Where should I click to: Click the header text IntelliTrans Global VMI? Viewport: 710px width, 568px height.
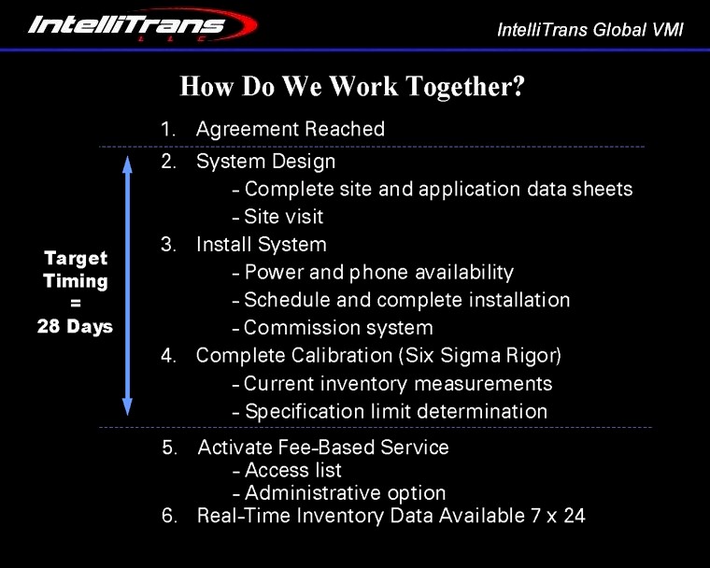(x=590, y=29)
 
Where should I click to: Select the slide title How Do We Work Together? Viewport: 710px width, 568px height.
(x=352, y=87)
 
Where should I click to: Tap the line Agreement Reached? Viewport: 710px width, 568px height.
(x=290, y=129)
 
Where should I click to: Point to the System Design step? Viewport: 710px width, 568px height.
(x=265, y=162)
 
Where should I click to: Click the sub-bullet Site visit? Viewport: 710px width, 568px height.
(x=283, y=217)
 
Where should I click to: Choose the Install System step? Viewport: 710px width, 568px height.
(x=261, y=245)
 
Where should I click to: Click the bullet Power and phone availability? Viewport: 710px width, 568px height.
(x=378, y=273)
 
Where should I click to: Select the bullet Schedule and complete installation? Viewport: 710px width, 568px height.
(x=406, y=300)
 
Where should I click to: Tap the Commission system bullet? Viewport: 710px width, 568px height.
(x=338, y=328)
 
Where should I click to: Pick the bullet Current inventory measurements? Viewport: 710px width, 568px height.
(x=398, y=384)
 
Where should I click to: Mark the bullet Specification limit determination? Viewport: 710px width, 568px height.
(x=395, y=411)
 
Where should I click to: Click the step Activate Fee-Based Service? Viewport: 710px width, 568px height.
(x=322, y=447)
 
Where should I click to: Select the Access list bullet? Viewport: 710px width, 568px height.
(x=292, y=470)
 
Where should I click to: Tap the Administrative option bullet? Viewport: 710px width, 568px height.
(x=345, y=492)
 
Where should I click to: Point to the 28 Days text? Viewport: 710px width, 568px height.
(x=75, y=327)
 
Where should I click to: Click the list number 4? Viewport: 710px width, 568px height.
(x=168, y=356)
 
